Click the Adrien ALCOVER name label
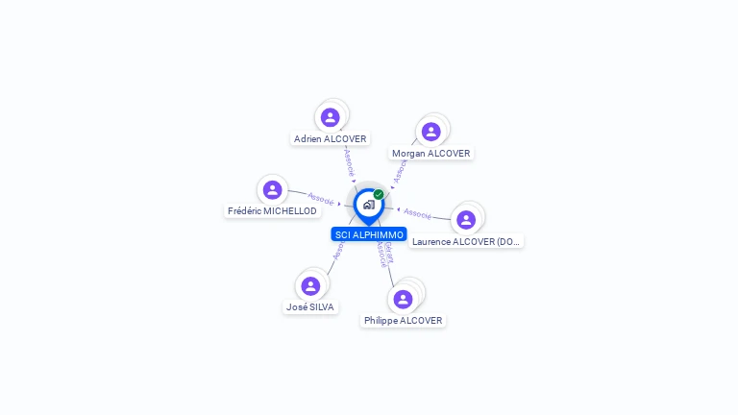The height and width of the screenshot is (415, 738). point(331,138)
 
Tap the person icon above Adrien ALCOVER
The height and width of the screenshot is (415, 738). point(331,117)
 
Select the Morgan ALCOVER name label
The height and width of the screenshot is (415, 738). point(431,153)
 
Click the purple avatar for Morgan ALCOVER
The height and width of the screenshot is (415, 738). point(431,132)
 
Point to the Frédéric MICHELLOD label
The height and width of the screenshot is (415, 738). point(272,210)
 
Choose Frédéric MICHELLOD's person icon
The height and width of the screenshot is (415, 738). point(272,189)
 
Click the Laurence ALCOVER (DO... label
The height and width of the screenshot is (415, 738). point(466,241)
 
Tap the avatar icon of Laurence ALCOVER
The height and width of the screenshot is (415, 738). point(466,220)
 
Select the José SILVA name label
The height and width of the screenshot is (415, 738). point(310,306)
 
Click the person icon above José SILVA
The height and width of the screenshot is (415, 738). point(310,285)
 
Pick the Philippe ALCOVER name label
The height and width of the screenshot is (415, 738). point(404,320)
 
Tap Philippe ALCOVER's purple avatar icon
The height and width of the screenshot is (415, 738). point(404,299)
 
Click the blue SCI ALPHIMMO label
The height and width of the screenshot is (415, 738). point(369,234)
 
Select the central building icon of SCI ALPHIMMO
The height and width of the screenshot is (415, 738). point(368,205)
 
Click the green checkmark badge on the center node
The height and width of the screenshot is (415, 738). point(379,194)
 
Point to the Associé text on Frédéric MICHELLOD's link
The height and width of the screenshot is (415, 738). point(321,199)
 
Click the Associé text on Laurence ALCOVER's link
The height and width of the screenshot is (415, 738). point(417,212)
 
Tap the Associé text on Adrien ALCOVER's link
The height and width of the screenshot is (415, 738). point(349,160)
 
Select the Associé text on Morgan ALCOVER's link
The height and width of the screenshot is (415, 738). point(399,170)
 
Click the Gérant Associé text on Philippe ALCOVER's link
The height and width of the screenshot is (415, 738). point(383,254)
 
